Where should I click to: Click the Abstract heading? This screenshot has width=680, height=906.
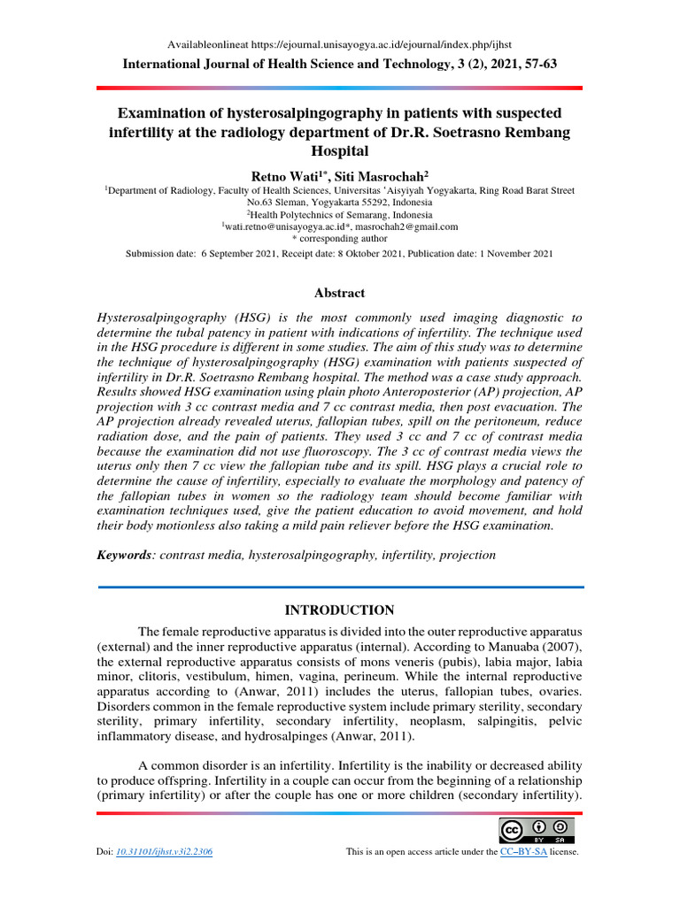pos(339,293)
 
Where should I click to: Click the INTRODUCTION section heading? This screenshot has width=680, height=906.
pos(339,610)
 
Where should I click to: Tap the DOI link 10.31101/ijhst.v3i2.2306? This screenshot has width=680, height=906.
pos(164,851)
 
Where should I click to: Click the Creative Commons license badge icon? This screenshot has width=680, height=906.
pos(536,830)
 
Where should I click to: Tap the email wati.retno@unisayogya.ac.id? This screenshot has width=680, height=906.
pos(283,226)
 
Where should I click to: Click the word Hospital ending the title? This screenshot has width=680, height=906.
pos(339,151)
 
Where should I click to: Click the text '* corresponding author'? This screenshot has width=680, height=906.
pos(339,238)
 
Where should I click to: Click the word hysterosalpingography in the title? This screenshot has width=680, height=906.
pos(267,114)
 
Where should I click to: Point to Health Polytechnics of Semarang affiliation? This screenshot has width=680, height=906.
pos(340,214)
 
